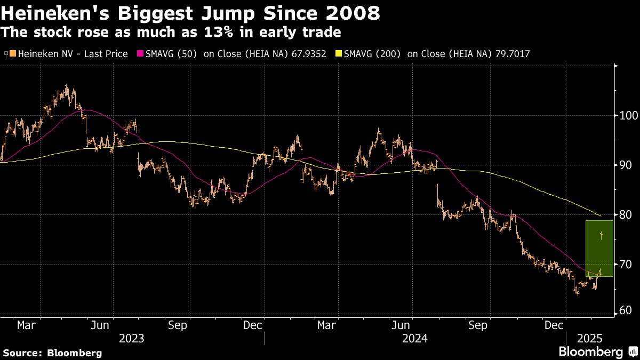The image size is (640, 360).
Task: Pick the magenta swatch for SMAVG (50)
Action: click(x=141, y=54)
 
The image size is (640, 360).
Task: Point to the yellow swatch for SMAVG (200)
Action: click(x=338, y=54)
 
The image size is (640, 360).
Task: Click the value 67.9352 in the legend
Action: click(x=305, y=54)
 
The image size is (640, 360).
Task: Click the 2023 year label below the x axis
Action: click(x=131, y=338)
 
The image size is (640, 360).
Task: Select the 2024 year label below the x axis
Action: click(x=415, y=338)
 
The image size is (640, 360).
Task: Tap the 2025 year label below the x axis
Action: click(x=590, y=338)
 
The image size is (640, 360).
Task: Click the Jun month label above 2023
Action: click(x=100, y=325)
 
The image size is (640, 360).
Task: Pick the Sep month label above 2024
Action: click(x=477, y=325)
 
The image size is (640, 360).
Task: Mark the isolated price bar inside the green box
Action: click(x=602, y=235)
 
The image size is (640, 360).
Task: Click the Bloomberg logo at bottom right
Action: click(x=590, y=352)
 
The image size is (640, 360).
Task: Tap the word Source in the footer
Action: click(x=23, y=353)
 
